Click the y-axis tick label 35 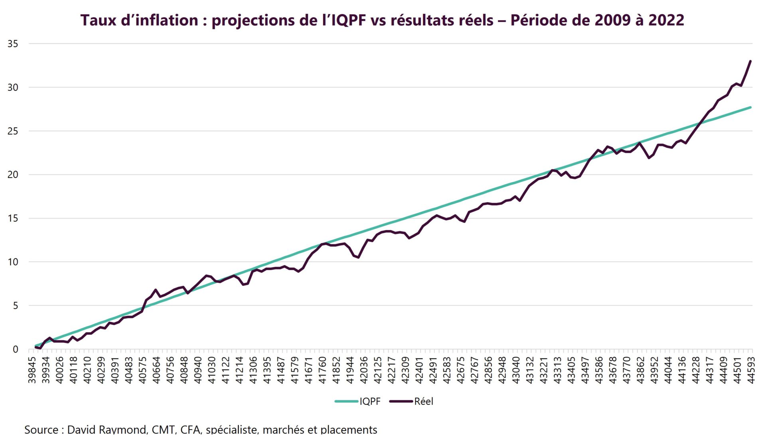pyautogui.click(x=13, y=44)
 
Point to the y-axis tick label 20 pyautogui.click(x=13, y=175)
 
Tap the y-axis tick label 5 pyautogui.click(x=15, y=306)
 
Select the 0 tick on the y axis pyautogui.click(x=15, y=349)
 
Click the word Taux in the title pyautogui.click(x=99, y=20)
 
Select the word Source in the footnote pyautogui.click(x=41, y=430)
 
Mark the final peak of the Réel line pyautogui.click(x=750, y=61)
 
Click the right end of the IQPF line pyautogui.click(x=750, y=107)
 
